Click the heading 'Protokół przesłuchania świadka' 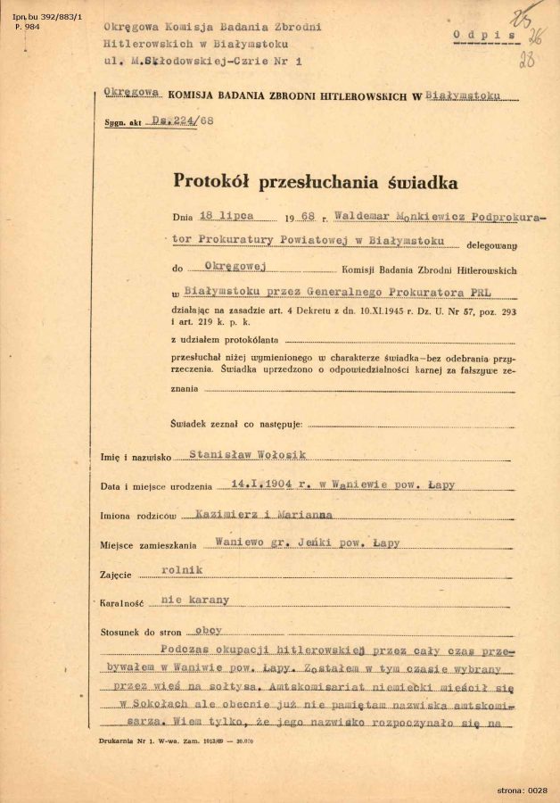(x=316, y=182)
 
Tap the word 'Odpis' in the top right (x=485, y=35)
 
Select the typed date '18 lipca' (x=226, y=217)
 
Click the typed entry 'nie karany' (x=194, y=600)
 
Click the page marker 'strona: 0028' (x=523, y=791)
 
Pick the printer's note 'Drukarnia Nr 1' (x=128, y=741)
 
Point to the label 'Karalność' (x=126, y=602)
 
